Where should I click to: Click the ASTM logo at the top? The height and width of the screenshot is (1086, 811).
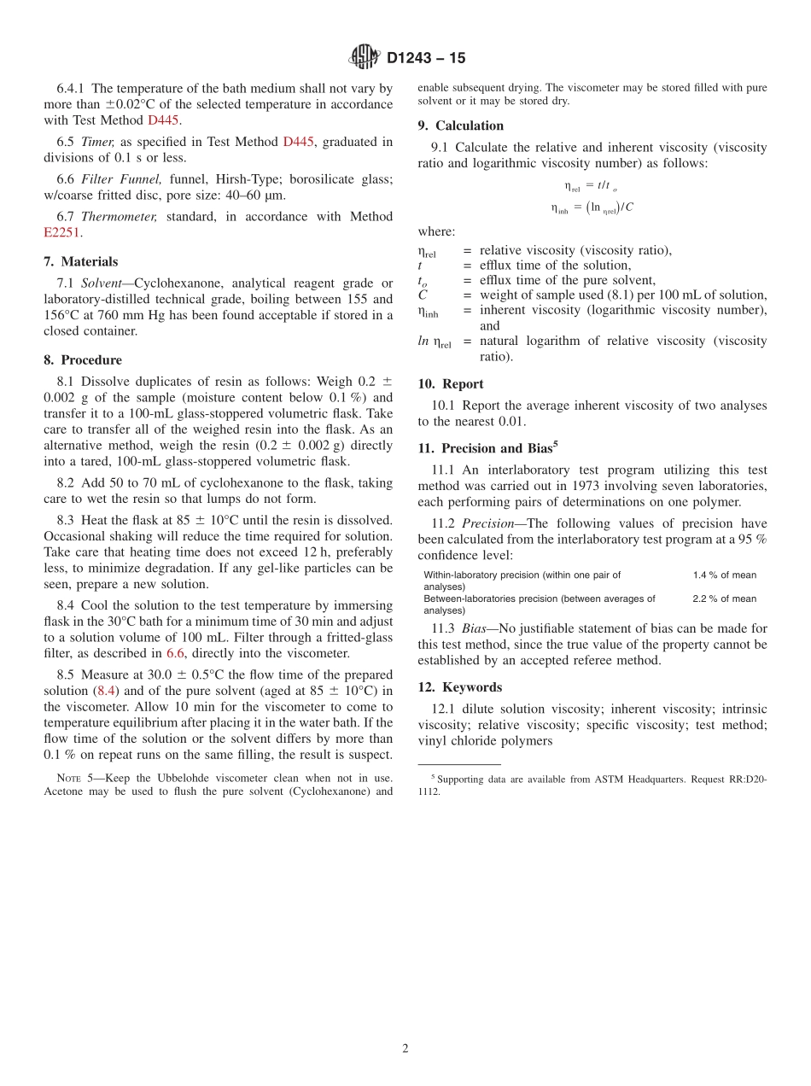pyautogui.click(x=365, y=57)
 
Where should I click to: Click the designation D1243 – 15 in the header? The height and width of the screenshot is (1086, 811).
pyautogui.click(x=426, y=58)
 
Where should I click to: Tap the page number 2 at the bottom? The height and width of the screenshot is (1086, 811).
pyautogui.click(x=405, y=1048)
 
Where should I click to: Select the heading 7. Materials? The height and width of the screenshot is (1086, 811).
pyautogui.click(x=81, y=261)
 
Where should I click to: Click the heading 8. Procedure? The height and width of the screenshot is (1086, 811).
pyautogui.click(x=83, y=359)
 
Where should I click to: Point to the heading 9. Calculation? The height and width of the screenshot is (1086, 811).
pyautogui.click(x=460, y=126)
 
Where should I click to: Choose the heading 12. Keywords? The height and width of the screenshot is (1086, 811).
pyautogui.click(x=459, y=687)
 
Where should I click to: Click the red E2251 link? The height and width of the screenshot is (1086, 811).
pyautogui.click(x=62, y=231)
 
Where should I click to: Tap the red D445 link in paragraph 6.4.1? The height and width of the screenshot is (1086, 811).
pyautogui.click(x=163, y=120)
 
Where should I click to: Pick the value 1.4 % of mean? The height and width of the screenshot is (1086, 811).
pyautogui.click(x=724, y=575)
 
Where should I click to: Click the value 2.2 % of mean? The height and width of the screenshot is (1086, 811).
pyautogui.click(x=724, y=599)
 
